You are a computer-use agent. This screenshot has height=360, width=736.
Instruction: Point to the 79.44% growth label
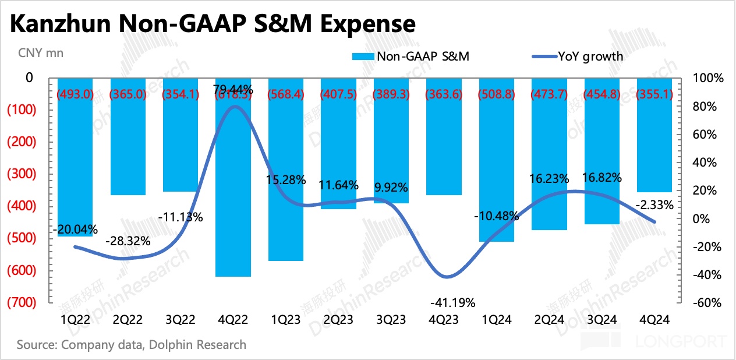233,89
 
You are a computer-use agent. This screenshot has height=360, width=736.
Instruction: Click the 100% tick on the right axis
707,78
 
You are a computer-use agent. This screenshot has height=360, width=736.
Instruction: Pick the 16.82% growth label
600,177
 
